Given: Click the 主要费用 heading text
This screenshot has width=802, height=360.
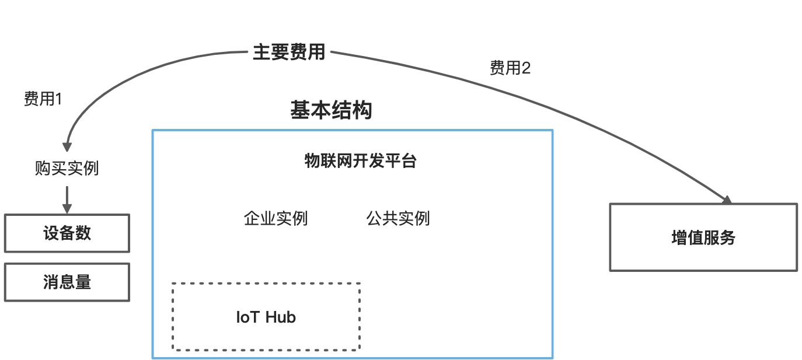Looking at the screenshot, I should [x=289, y=53].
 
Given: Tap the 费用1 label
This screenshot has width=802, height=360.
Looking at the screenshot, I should [x=43, y=100].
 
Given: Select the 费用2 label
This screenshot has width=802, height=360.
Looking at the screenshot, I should [x=510, y=69].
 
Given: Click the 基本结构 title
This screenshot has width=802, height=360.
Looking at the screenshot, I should [x=331, y=110].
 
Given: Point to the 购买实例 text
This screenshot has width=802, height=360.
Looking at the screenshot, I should [x=67, y=169].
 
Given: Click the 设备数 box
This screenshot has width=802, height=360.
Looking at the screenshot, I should [x=67, y=233].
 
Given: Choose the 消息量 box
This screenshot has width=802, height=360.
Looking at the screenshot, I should [x=67, y=282].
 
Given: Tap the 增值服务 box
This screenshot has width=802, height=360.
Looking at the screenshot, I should [x=703, y=237].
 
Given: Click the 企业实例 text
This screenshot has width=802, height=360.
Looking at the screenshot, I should [x=276, y=218].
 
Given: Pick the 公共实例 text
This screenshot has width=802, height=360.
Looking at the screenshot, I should [x=398, y=218].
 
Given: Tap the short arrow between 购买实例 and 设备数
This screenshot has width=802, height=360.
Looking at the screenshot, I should [x=67, y=199].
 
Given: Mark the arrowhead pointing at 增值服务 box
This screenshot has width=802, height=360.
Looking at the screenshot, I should [x=727, y=200].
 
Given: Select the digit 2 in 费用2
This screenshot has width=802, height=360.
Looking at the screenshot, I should [x=526, y=69].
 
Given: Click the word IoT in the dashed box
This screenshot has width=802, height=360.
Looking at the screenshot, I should [x=248, y=317].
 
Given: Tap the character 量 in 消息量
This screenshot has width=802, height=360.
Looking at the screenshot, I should [x=83, y=282].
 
